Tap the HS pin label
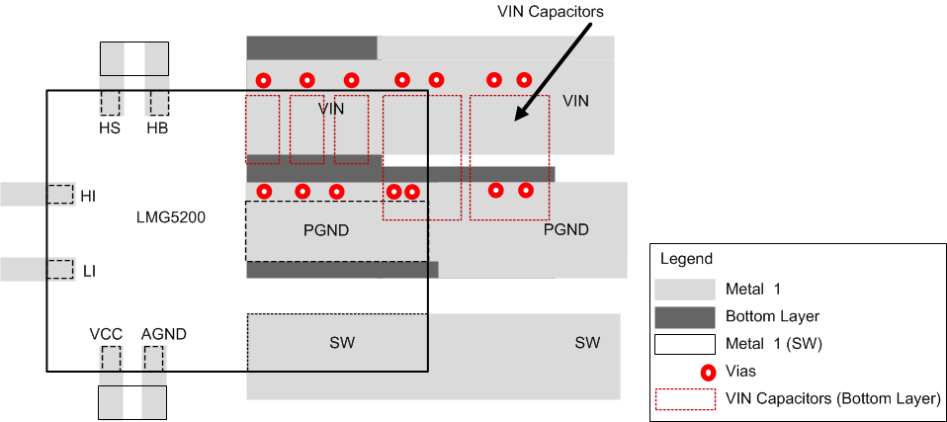click(109, 127)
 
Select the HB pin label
click(157, 127)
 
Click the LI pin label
click(89, 270)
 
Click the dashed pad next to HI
click(61, 194)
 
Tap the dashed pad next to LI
click(61, 269)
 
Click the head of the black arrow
click(515, 120)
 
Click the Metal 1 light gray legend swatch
click(684, 289)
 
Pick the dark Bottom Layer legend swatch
click(684, 316)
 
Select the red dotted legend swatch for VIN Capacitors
click(684, 398)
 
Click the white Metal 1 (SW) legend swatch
click(684, 344)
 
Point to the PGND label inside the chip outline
click(326, 230)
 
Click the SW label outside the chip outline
click(587, 343)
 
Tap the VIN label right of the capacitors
click(575, 101)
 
